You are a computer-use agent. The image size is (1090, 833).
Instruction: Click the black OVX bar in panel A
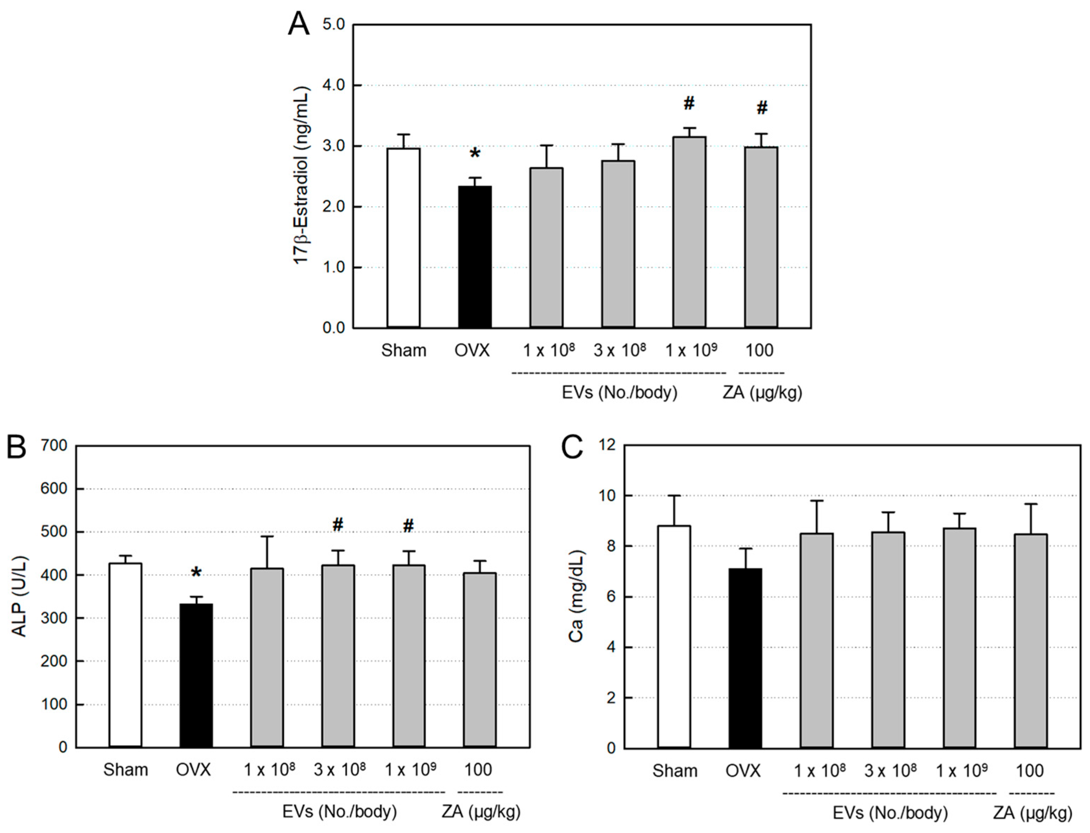(474, 256)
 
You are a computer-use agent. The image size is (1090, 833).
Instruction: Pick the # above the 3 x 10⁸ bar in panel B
(338, 525)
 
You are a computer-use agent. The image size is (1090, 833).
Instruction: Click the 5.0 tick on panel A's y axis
(333, 24)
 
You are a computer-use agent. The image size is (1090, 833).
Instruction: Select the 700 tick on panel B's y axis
(55, 445)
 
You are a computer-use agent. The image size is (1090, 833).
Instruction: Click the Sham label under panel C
(674, 771)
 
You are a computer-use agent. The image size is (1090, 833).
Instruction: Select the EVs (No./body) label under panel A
(620, 393)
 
